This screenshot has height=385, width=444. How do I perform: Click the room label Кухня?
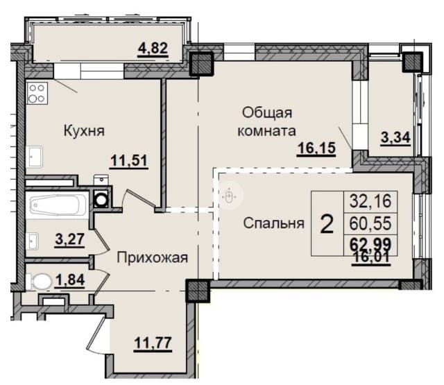pyautogui.click(x=87, y=130)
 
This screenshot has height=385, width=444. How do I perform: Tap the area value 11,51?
pyautogui.click(x=130, y=162)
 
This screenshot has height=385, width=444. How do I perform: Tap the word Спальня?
pyautogui.click(x=274, y=223)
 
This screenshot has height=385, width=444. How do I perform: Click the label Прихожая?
pyautogui.click(x=153, y=258)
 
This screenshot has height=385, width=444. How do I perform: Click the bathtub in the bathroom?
pyautogui.click(x=58, y=205)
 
